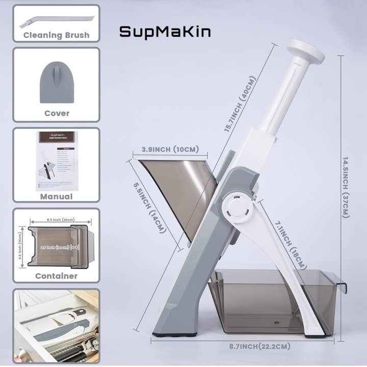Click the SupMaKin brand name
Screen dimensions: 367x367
tap(164, 32)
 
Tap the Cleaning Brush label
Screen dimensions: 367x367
tap(56, 35)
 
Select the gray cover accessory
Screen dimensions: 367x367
tap(57, 82)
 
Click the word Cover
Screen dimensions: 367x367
tap(57, 113)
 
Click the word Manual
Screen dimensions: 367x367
tap(56, 196)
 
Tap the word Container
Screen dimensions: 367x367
tap(56, 276)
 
